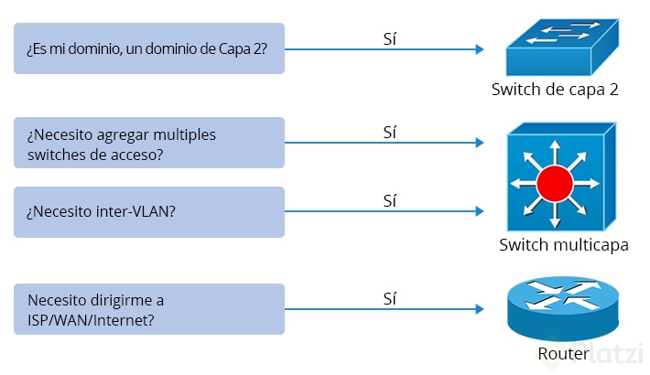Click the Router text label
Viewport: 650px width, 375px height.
click(563, 354)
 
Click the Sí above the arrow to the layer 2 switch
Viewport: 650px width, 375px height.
click(390, 39)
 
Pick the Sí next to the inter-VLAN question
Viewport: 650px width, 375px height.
click(390, 200)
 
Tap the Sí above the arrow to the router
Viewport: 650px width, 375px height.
click(390, 298)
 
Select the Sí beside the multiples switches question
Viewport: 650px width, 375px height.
click(390, 133)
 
